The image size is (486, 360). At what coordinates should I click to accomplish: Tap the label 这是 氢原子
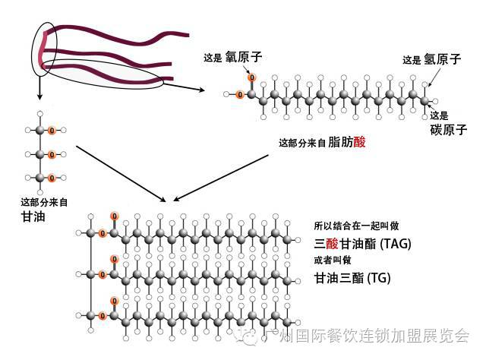(x=432, y=59)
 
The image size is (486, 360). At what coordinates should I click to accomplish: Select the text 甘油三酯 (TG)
(x=352, y=278)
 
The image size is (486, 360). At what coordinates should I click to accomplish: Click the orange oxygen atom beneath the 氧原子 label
(x=251, y=77)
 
